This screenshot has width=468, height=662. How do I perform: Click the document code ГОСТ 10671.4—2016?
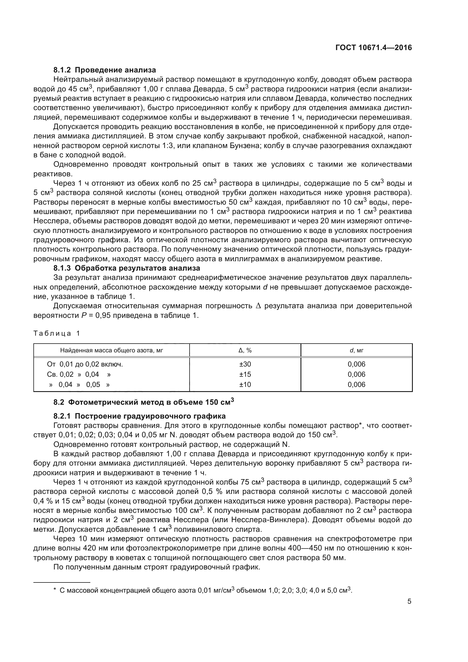click(373, 48)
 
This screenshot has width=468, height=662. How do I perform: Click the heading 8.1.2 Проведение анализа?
click(105, 70)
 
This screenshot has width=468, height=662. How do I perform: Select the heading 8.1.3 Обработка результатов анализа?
click(126, 268)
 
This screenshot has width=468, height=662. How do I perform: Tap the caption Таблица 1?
click(57, 334)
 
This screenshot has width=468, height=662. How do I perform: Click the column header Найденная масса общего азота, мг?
click(111, 350)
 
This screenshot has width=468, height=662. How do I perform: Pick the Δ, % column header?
click(245, 350)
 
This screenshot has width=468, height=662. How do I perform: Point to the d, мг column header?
click(357, 350)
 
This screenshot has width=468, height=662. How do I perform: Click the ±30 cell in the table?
click(245, 364)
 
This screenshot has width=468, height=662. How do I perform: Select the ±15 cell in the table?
click(245, 374)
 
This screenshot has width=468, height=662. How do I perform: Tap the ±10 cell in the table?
click(245, 384)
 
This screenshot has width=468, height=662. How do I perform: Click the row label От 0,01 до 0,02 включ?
click(85, 364)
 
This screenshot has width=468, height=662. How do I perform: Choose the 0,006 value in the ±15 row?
click(357, 374)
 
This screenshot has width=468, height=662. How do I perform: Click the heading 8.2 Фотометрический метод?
click(143, 402)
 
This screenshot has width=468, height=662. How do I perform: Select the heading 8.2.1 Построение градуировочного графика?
click(139, 416)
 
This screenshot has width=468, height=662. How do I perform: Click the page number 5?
click(409, 601)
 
